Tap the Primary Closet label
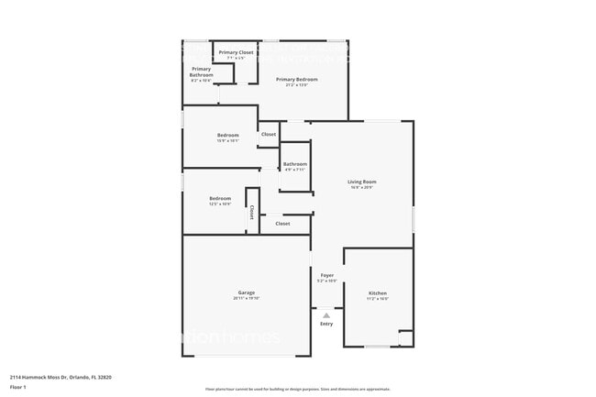236,52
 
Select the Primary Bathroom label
202,72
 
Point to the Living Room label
362,182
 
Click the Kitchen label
378,293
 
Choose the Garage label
246,292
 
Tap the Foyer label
326,275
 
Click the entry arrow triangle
326,314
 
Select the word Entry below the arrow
326,324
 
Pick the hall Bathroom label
295,164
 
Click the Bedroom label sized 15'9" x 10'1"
227,135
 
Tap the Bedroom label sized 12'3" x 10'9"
220,198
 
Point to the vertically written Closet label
252,212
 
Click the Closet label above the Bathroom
269,135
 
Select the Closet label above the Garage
282,224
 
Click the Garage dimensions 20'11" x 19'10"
246,299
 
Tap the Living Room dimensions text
362,188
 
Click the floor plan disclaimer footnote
297,389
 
